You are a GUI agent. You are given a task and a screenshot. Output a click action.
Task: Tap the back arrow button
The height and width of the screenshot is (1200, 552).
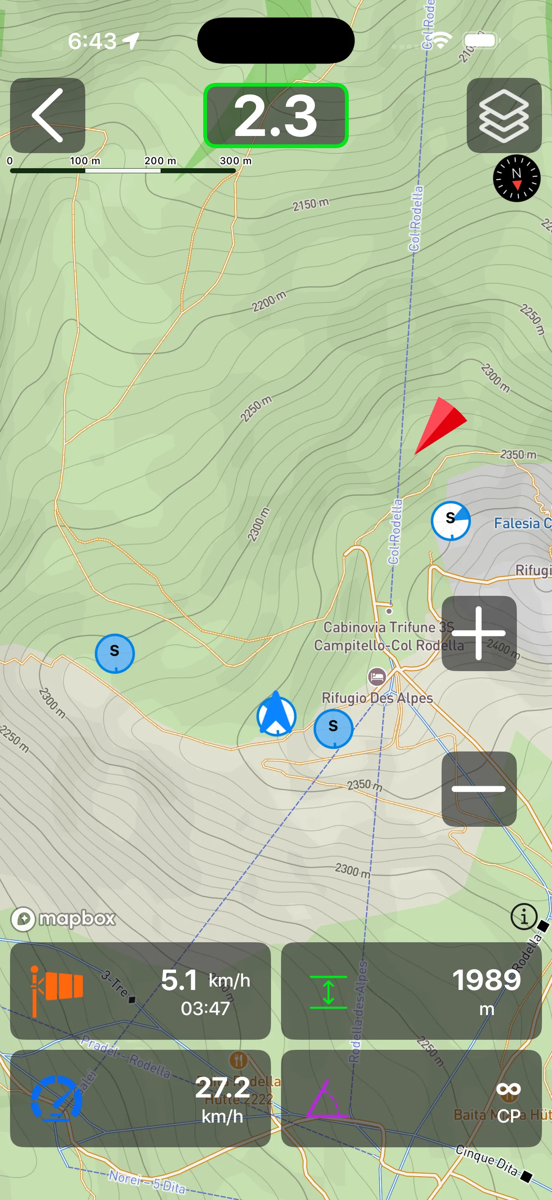pyautogui.click(x=48, y=115)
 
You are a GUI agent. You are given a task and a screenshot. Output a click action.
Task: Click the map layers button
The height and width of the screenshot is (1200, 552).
pyautogui.click(x=503, y=115)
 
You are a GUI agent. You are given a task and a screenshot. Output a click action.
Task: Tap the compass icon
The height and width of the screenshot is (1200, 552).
pyautogui.click(x=516, y=178)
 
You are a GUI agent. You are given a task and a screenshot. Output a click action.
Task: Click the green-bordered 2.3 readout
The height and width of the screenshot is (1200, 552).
pyautogui.click(x=276, y=115)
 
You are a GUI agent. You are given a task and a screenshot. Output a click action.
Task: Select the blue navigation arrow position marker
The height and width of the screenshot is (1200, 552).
pyautogui.click(x=276, y=715)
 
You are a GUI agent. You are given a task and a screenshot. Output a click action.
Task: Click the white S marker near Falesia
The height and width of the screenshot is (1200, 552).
pyautogui.click(x=450, y=521)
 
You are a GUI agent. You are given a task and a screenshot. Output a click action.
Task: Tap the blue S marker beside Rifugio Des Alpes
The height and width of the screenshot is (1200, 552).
pyautogui.click(x=333, y=728)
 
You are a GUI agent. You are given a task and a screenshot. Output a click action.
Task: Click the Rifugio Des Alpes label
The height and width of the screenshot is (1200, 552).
pyautogui.click(x=377, y=698)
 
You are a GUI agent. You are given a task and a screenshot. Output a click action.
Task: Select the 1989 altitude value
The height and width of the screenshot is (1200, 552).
pyautogui.click(x=486, y=979)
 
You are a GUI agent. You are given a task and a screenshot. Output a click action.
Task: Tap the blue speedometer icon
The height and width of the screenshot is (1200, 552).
pyautogui.click(x=56, y=1098)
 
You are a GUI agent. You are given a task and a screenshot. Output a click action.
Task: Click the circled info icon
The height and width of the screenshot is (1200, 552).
pyautogui.click(x=524, y=917)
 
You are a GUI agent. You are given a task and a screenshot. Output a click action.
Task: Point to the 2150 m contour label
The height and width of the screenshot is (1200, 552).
pyautogui.click(x=310, y=204)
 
